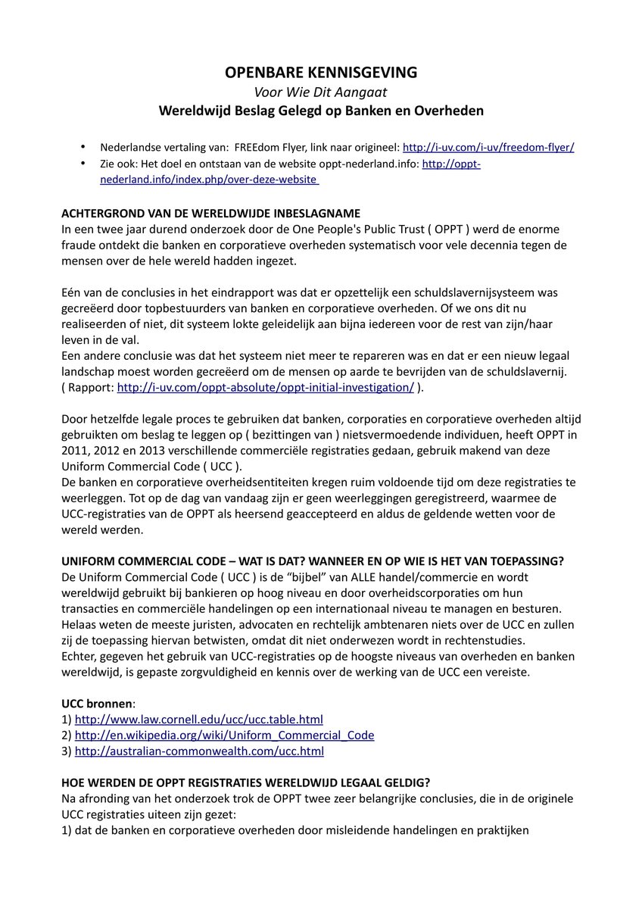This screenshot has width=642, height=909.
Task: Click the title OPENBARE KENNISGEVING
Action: pos(321,73)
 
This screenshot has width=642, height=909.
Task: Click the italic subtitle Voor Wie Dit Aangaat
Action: pos(321,92)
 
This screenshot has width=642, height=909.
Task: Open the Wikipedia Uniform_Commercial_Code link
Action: pos(224,735)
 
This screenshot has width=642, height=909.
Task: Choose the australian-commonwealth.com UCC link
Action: pos(199,751)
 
